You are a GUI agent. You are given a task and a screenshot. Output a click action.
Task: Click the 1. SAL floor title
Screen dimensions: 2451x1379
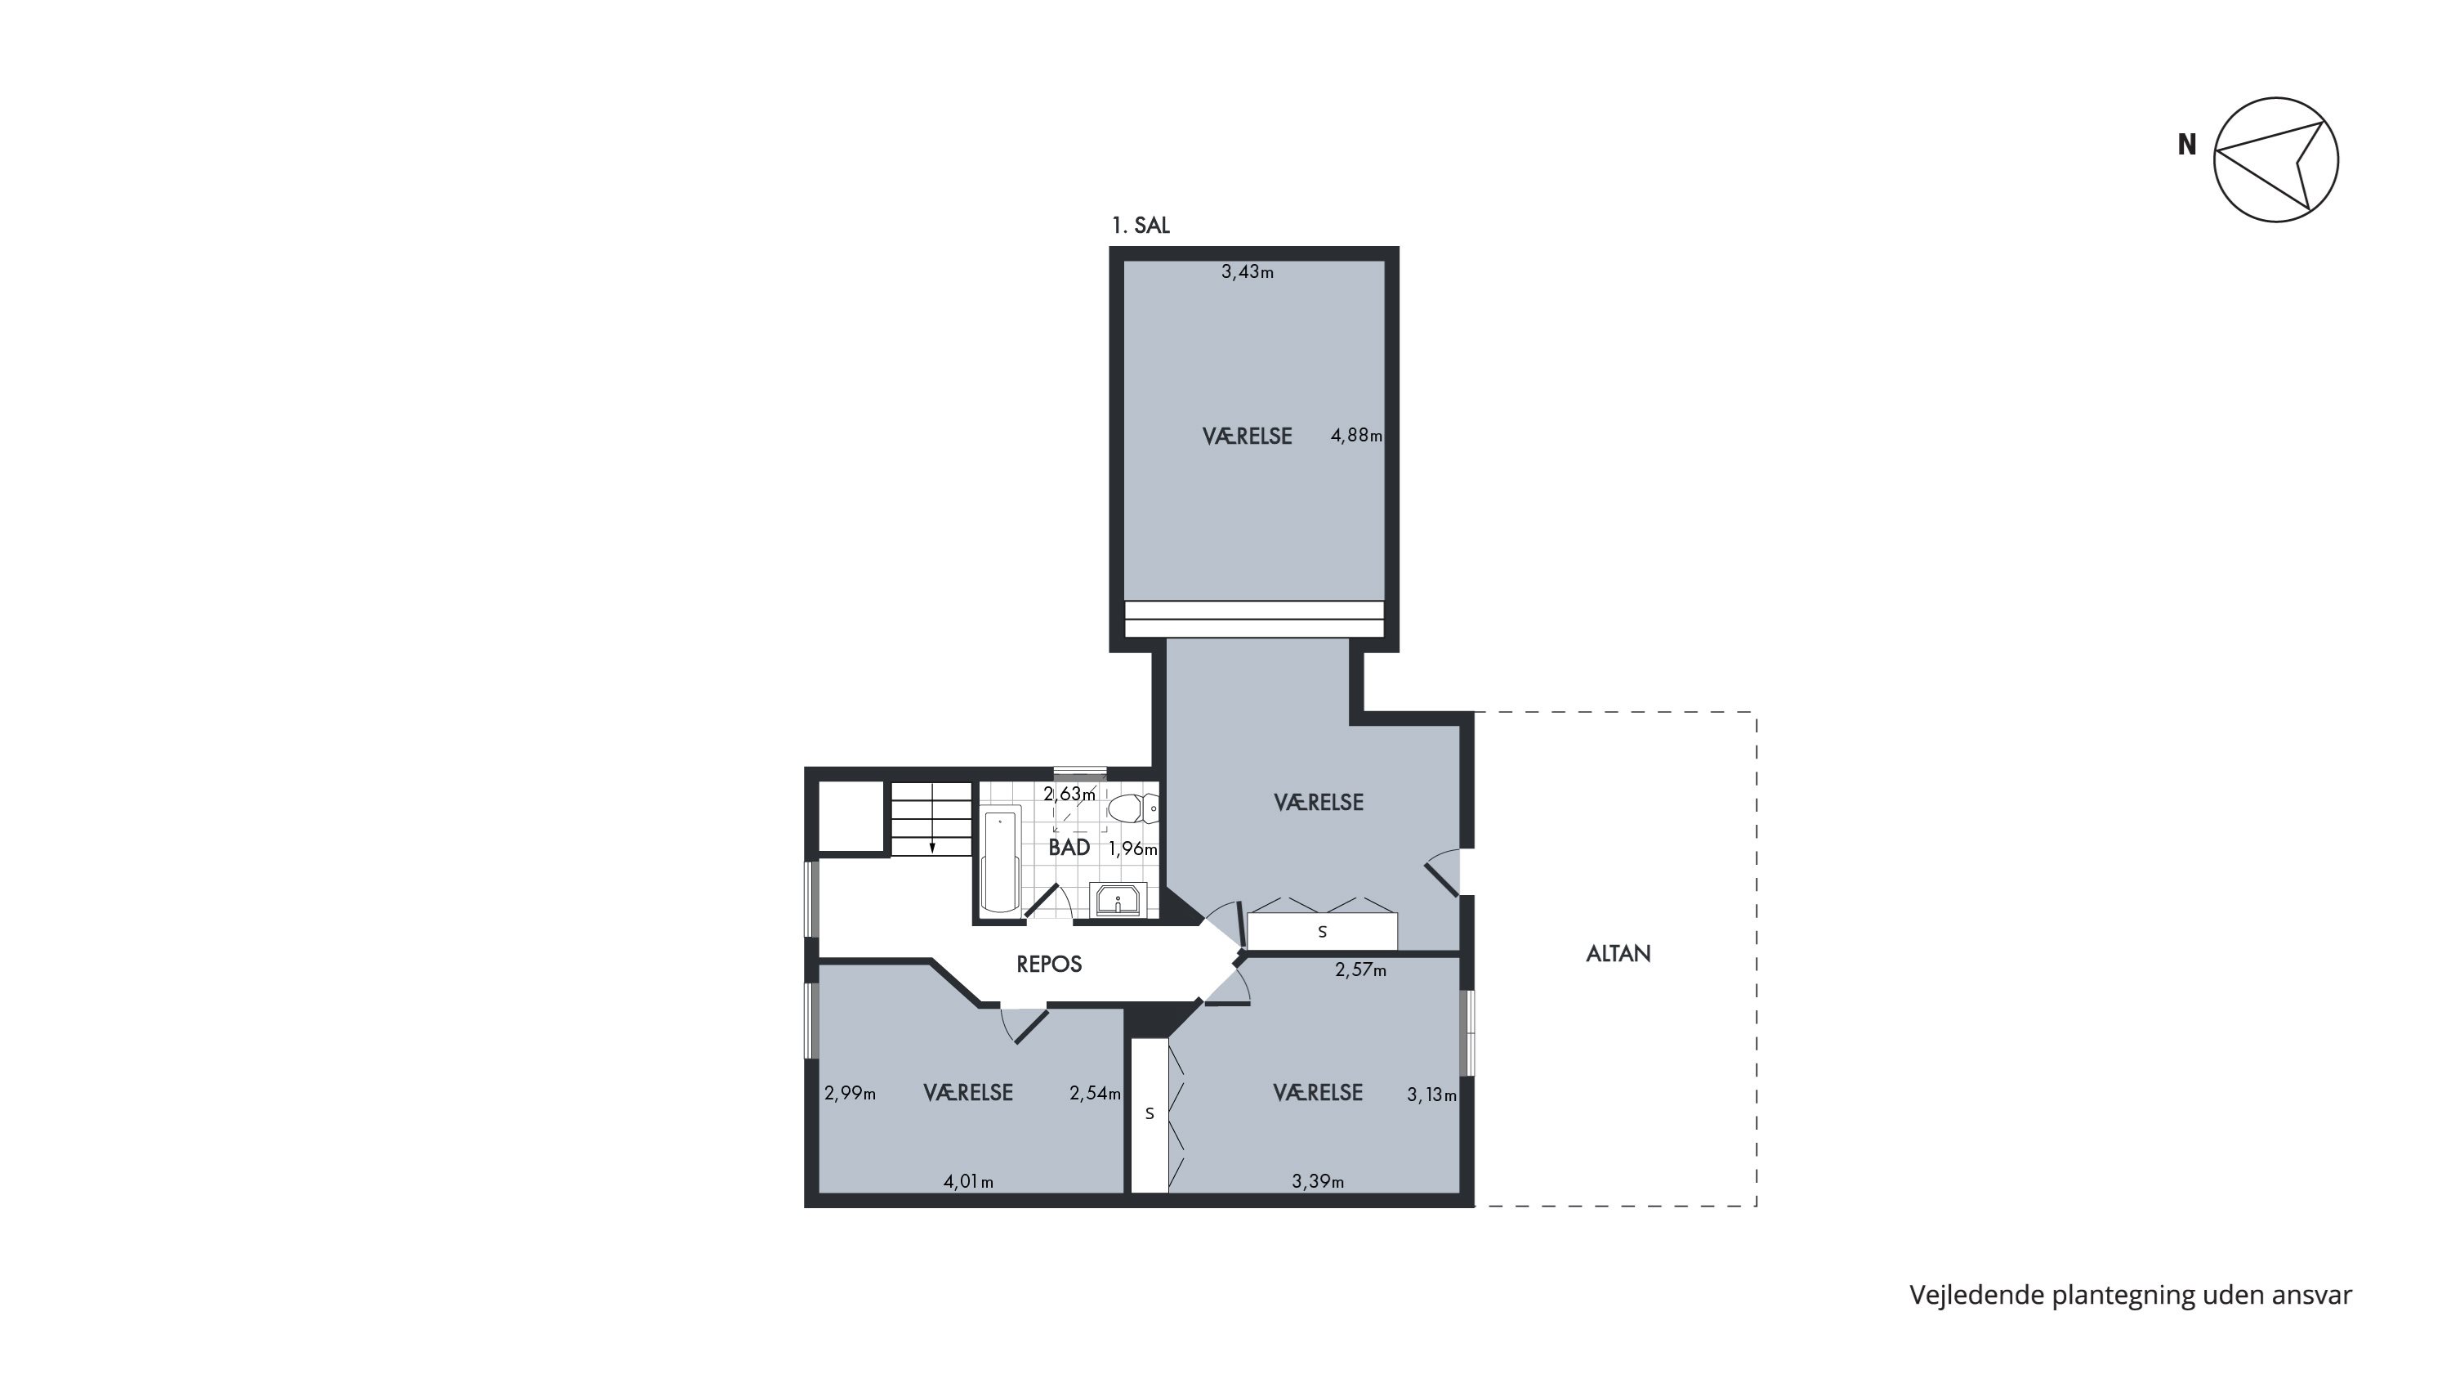(1141, 226)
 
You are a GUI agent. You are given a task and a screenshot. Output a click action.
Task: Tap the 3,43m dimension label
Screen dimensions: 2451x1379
(1248, 272)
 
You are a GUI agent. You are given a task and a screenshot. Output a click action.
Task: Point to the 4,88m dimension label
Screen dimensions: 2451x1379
(1356, 436)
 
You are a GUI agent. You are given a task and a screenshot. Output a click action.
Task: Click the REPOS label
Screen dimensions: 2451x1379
(1050, 964)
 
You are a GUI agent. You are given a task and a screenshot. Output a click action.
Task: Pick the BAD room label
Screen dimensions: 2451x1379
(1069, 847)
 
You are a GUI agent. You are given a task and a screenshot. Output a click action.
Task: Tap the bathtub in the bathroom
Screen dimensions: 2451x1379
(1001, 862)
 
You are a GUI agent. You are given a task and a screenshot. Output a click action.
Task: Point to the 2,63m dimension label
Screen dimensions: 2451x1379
(1069, 794)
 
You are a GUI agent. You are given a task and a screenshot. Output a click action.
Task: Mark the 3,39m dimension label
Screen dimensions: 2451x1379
(1318, 1182)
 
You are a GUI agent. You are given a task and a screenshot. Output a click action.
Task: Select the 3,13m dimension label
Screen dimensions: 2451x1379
(1432, 1095)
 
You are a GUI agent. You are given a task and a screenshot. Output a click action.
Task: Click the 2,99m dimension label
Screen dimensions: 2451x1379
(850, 1094)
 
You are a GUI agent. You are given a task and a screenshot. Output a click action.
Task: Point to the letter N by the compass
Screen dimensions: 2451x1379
(2187, 145)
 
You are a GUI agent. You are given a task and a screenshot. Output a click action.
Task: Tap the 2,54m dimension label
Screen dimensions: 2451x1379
(1095, 1094)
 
